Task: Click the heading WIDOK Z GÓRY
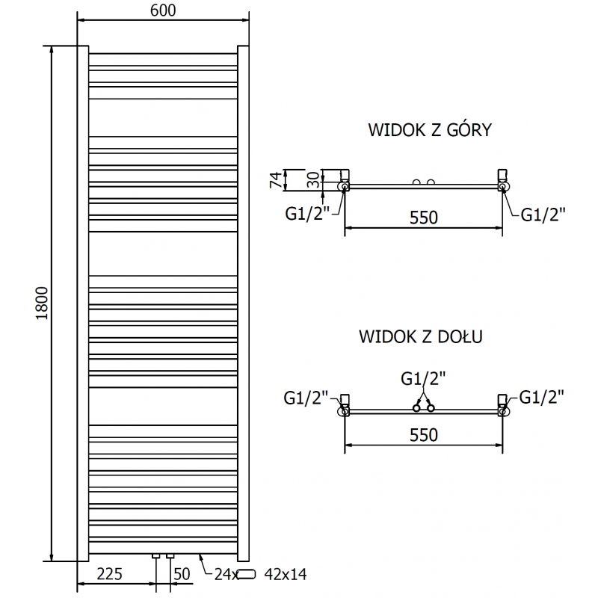429,130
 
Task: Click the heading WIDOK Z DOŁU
421,336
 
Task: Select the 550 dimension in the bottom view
422,434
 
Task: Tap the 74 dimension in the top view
275,179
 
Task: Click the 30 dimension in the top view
315,180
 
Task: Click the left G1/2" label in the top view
306,215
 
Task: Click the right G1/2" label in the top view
543,215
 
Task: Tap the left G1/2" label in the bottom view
306,397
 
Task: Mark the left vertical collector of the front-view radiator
83,303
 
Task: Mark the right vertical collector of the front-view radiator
243,303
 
